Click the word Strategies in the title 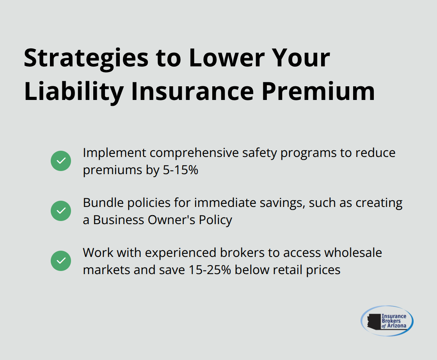86,58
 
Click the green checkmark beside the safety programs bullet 61,161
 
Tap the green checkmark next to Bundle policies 61,211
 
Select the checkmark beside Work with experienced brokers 61,261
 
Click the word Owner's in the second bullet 169,220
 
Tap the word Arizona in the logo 396,326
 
